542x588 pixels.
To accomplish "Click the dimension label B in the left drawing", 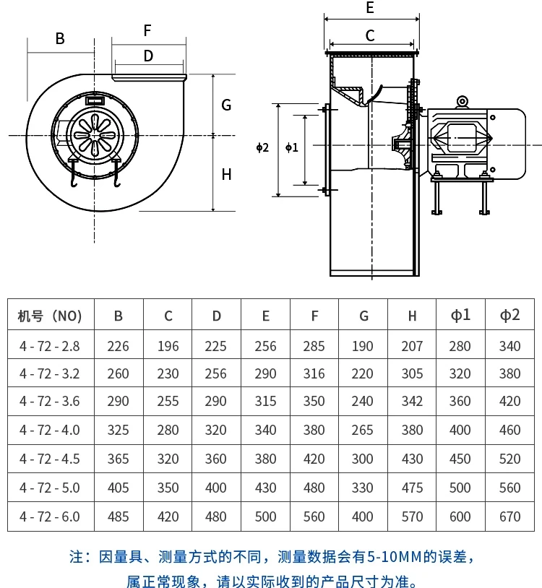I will (x=60, y=39).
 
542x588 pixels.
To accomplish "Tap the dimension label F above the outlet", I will (x=147, y=30).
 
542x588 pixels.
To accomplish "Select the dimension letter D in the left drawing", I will (x=148, y=56).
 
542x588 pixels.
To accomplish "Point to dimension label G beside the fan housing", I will (x=226, y=105).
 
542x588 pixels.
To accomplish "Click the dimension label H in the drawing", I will (x=226, y=174).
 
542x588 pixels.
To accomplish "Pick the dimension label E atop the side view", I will (x=370, y=9).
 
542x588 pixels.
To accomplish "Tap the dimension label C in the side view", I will (x=370, y=35).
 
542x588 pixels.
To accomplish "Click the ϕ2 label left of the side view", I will (x=262, y=147).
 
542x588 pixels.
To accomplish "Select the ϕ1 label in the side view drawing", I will (x=291, y=147).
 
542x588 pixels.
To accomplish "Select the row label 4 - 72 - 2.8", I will (x=50, y=346).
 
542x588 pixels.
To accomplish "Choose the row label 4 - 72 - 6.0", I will (x=50, y=516).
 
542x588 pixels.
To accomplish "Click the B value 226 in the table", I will (x=119, y=346).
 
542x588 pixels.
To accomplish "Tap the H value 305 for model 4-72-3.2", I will (x=412, y=373).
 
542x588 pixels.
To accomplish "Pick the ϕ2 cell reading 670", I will (x=509, y=516).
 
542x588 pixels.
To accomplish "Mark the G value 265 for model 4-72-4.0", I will (x=363, y=430).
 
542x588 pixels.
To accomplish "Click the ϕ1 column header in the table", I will (x=460, y=315).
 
